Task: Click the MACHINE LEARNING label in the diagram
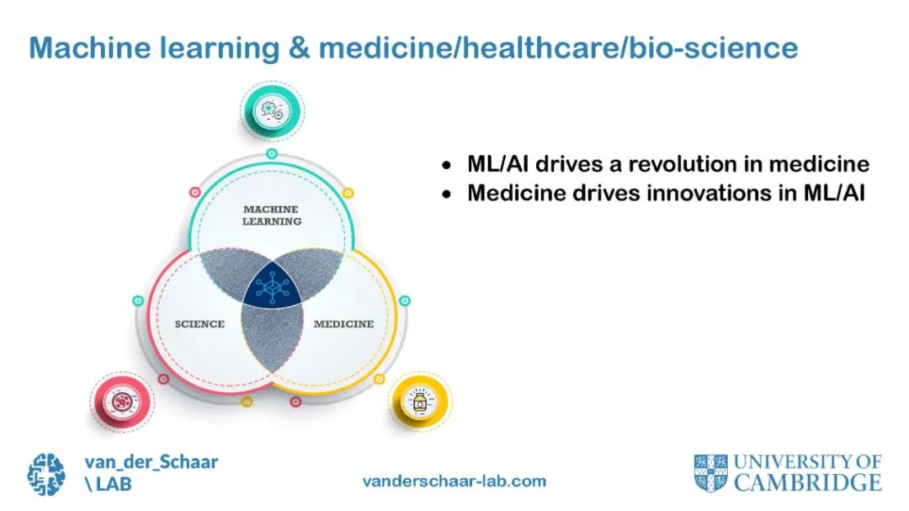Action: pyautogui.click(x=272, y=215)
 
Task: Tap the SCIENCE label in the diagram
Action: pyautogui.click(x=199, y=324)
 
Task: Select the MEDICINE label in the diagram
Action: pyautogui.click(x=343, y=324)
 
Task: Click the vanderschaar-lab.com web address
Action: pyautogui.click(x=454, y=482)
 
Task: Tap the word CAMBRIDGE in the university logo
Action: pyautogui.click(x=807, y=482)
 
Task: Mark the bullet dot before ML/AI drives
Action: pyautogui.click(x=448, y=164)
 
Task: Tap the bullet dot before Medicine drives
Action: pyautogui.click(x=448, y=194)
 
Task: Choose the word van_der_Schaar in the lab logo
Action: pyautogui.click(x=151, y=461)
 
